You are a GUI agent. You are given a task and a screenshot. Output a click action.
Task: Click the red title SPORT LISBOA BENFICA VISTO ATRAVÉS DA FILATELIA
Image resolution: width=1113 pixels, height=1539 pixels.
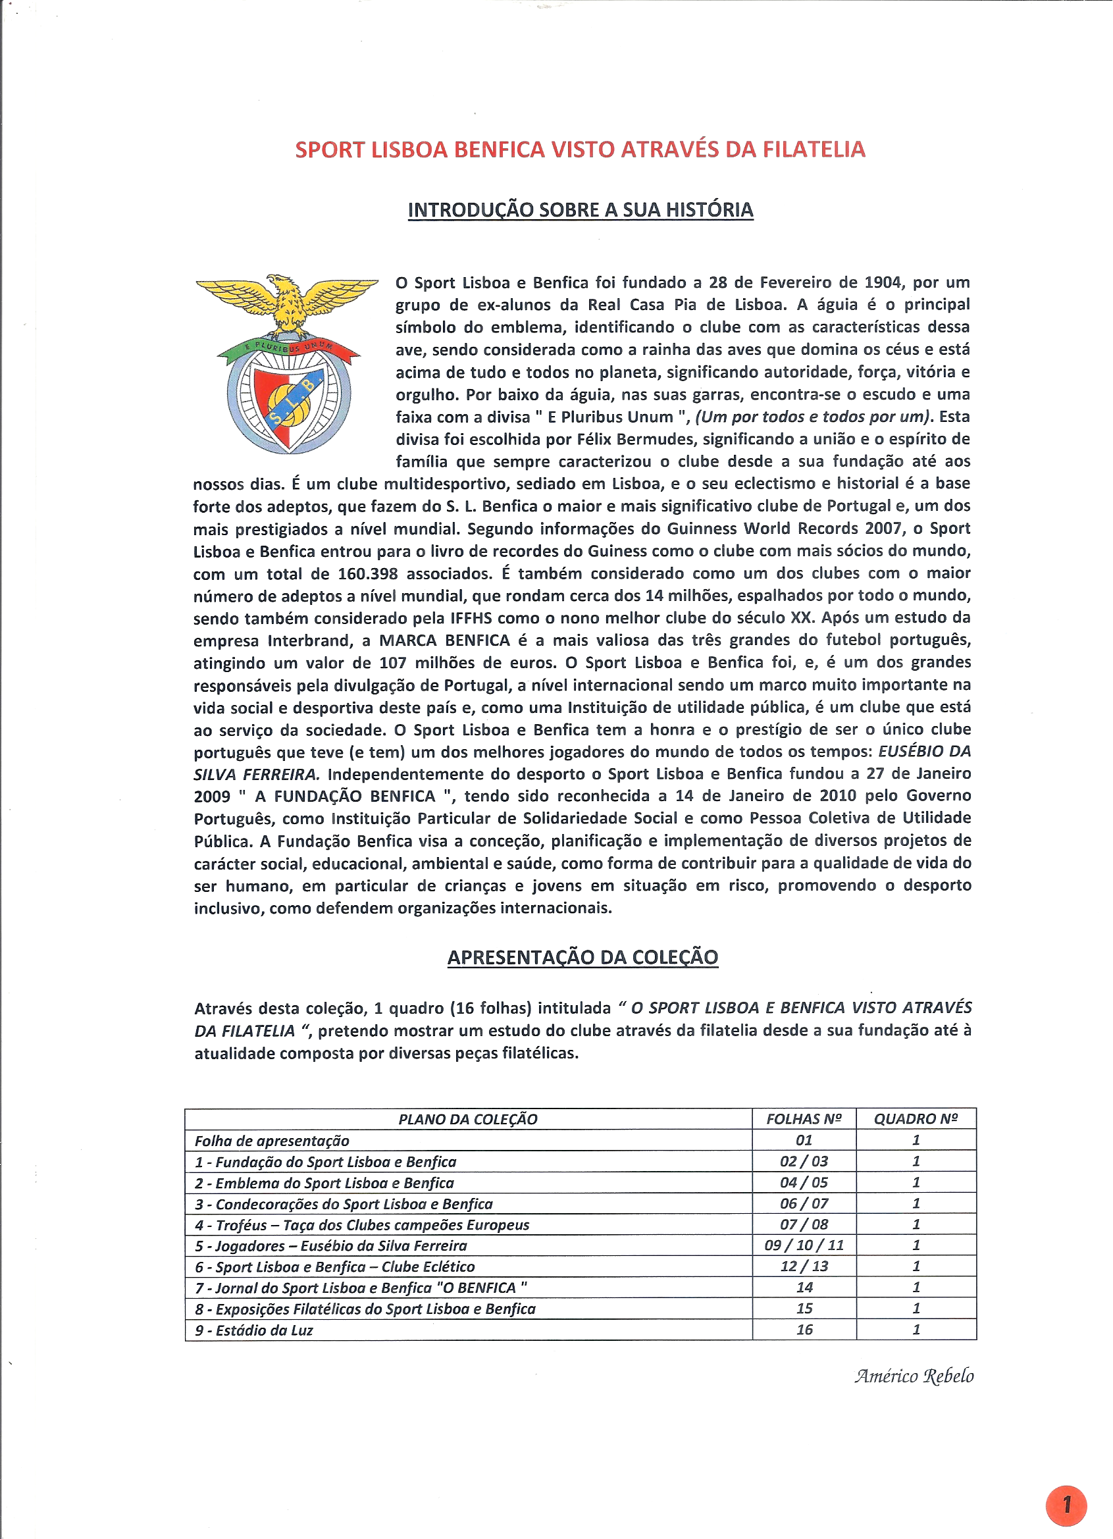[580, 149]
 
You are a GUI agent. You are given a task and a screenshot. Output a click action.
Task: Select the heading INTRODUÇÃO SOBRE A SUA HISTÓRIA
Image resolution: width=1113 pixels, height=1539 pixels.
[581, 210]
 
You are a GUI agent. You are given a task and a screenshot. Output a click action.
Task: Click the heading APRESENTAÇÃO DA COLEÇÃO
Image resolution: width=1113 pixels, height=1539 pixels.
[582, 957]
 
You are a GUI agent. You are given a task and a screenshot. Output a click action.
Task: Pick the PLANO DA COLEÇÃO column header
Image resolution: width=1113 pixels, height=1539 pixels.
[467, 1120]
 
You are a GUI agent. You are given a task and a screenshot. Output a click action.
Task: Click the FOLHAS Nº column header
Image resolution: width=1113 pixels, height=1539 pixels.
[804, 1120]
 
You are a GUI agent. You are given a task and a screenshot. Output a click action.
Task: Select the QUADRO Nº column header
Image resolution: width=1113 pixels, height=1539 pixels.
[916, 1120]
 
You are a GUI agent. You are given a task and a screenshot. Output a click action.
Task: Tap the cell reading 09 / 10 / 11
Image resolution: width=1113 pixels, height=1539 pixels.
[804, 1245]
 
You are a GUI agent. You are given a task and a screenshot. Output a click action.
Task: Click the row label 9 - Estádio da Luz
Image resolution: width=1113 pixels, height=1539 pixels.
[255, 1330]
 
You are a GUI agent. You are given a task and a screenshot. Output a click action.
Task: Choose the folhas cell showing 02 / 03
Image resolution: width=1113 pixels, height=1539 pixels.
[804, 1162]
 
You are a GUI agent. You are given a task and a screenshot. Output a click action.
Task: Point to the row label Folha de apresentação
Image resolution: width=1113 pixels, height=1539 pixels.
[272, 1141]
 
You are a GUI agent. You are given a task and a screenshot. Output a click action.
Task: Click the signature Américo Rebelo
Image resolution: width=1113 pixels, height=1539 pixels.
[914, 1376]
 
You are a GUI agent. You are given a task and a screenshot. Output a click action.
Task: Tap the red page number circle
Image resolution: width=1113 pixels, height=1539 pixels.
[1066, 1505]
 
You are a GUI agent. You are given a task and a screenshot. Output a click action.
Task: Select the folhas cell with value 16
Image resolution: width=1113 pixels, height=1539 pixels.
[804, 1330]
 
